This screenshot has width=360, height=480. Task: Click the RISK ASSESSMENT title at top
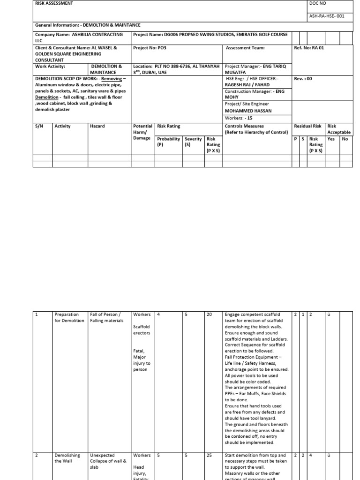[x=54, y=3]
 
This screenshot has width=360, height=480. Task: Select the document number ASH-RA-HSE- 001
[x=327, y=15]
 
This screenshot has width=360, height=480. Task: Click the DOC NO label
[x=317, y=3]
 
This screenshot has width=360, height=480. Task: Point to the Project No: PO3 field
[x=150, y=48]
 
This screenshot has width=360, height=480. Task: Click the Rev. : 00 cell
[x=303, y=79]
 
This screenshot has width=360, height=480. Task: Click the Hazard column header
[x=97, y=127]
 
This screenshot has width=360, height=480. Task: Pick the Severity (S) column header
[x=194, y=142]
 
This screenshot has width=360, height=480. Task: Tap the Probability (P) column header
[x=169, y=142]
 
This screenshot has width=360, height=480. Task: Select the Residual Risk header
[x=307, y=127]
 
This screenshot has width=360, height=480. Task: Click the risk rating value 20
[x=209, y=315]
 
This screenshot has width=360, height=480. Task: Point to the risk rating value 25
[x=209, y=456]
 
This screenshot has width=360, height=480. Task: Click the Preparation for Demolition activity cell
[x=69, y=318]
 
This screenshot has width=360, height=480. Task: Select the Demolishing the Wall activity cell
[x=67, y=458]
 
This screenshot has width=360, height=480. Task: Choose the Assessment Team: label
[x=245, y=48]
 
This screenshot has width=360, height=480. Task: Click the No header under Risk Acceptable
[x=345, y=139]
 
